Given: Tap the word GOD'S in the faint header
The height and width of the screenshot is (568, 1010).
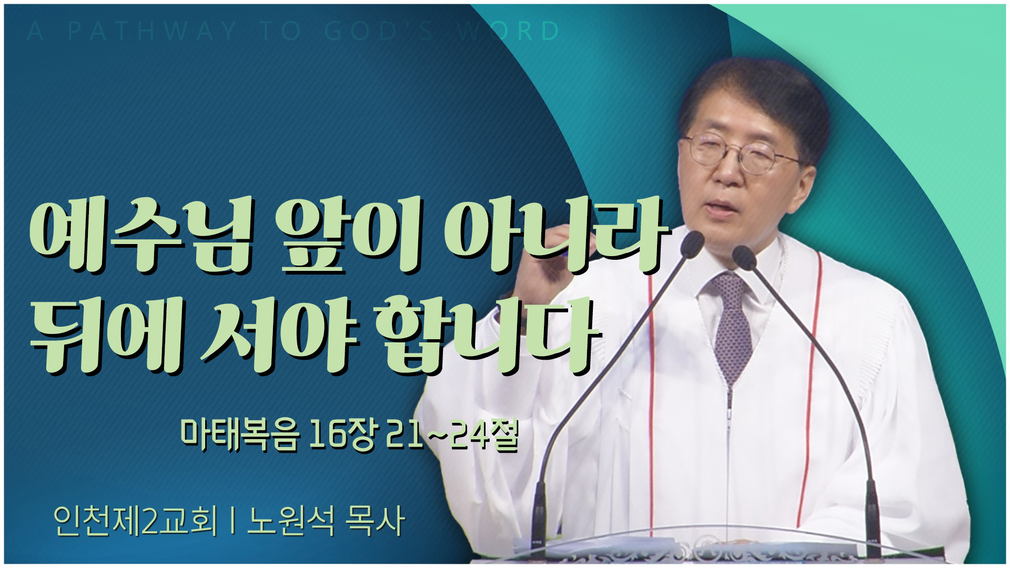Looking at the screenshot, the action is [x=379, y=31].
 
